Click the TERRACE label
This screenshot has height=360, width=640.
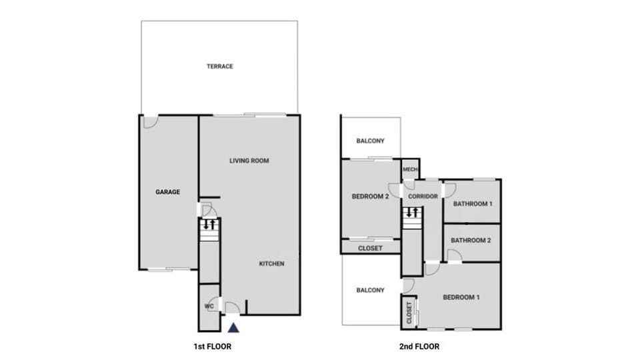coord(219,67)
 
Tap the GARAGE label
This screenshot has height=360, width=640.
coord(168,192)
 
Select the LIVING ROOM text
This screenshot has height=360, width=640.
coord(249,161)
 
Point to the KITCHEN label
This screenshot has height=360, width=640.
coord(271,264)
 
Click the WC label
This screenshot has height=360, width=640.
coord(208,307)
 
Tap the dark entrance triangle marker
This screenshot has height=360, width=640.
coord(233,327)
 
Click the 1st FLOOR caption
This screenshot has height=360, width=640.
coord(212,347)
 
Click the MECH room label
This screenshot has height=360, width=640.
coord(410,169)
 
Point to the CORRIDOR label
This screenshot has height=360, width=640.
coord(423,197)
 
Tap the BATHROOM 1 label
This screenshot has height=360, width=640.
coord(472,204)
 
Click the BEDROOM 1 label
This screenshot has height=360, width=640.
coord(461,297)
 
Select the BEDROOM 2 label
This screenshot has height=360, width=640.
coord(370,197)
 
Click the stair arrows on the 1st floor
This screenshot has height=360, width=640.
coord(209,224)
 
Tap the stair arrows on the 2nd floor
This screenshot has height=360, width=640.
coord(411,213)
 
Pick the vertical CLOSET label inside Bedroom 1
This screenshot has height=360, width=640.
coord(409,313)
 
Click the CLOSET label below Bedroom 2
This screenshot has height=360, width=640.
coord(370,249)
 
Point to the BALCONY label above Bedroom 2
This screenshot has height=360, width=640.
coord(370,141)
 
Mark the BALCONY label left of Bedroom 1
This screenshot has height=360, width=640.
coord(370,291)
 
